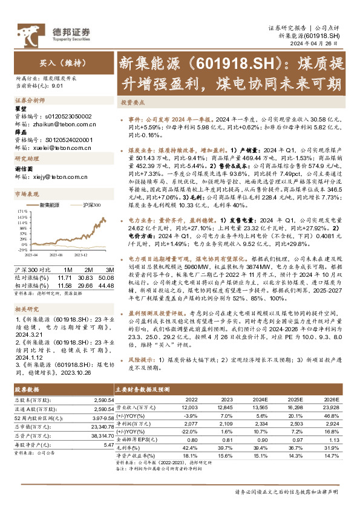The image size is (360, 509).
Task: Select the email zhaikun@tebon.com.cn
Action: pos(54,123)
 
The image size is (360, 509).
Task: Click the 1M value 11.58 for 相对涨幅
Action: pos(64,284)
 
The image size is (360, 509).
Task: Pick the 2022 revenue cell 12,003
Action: pos(189,408)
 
